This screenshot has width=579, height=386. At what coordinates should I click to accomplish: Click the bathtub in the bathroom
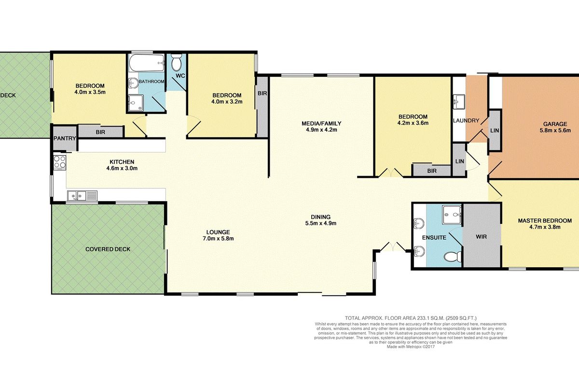147,63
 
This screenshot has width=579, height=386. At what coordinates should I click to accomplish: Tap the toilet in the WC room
177,62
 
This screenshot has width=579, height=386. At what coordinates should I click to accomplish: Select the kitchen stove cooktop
60,163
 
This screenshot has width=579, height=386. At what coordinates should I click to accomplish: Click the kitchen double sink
82,196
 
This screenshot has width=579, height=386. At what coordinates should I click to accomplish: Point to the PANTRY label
65,138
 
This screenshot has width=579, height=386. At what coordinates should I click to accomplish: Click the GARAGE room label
555,124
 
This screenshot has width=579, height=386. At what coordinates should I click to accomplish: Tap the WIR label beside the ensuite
481,236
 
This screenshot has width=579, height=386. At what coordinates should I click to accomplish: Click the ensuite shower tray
452,215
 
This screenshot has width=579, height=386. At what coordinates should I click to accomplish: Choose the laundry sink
459,102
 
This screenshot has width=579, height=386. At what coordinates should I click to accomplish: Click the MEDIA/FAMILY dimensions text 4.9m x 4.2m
321,130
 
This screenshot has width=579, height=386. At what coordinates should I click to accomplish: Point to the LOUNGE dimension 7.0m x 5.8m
218,238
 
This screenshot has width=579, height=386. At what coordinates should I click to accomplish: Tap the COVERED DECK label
108,249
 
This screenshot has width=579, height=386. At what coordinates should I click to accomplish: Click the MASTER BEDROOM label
545,221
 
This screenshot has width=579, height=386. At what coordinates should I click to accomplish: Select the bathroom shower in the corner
136,103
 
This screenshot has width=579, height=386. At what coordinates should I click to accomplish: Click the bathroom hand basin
133,83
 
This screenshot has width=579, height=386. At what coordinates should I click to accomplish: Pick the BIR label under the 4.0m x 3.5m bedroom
100,132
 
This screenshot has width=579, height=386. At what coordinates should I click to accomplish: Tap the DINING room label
320,217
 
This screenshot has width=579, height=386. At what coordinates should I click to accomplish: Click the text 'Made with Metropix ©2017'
411,347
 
